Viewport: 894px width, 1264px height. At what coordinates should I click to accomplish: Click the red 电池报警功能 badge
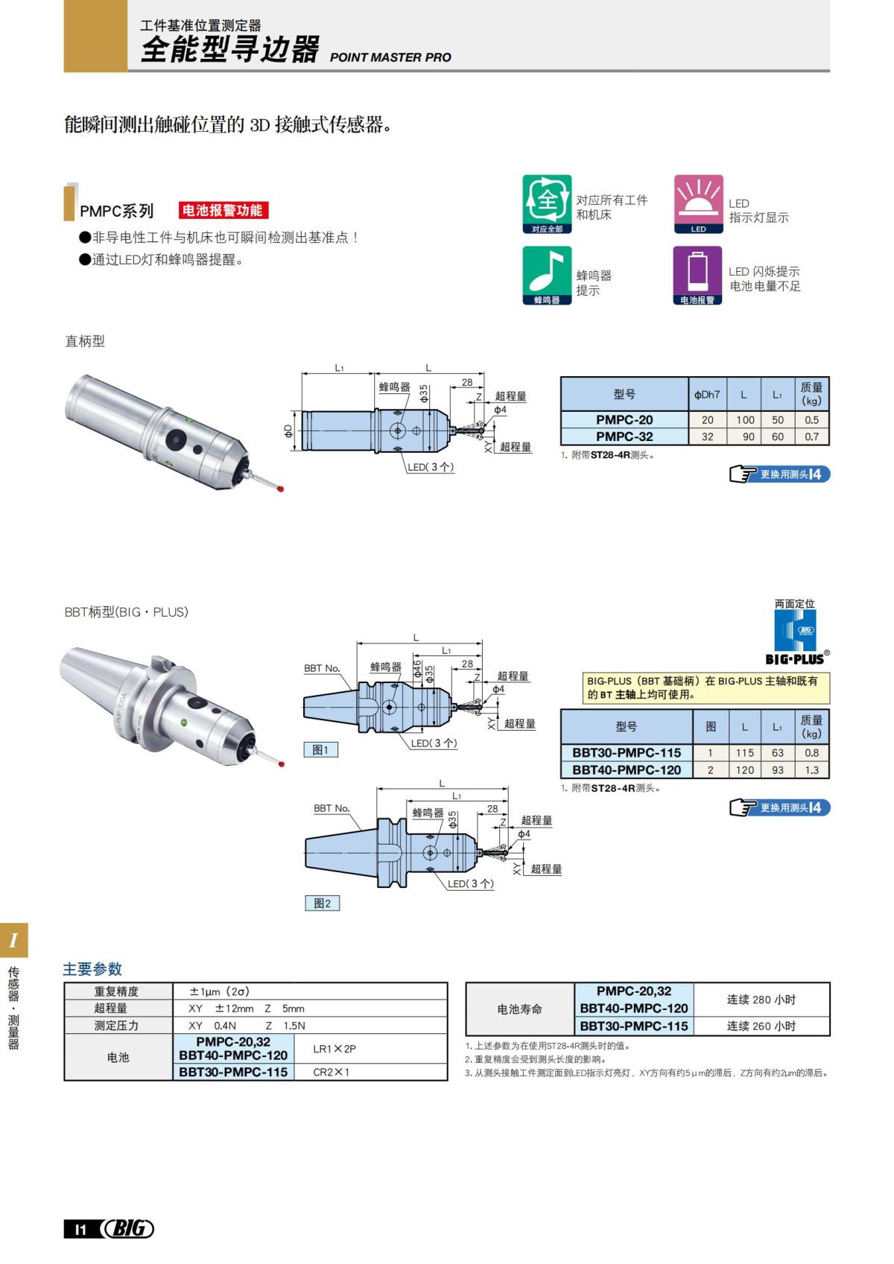223,211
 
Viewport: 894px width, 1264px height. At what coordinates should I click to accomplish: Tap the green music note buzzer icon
547,272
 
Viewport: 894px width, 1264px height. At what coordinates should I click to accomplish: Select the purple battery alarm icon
697,272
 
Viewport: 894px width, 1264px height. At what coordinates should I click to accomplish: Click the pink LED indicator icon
698,201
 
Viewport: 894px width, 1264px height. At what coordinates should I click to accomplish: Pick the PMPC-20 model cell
624,420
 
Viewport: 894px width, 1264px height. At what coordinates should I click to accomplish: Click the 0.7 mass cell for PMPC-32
811,437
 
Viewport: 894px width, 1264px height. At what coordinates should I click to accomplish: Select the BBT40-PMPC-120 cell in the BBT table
626,770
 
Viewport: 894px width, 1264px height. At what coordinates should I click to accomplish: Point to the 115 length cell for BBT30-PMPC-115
744,753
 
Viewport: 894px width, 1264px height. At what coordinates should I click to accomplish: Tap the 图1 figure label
320,750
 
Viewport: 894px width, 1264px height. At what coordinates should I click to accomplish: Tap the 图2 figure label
322,903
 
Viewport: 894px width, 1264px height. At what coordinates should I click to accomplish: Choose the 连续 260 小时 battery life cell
761,1026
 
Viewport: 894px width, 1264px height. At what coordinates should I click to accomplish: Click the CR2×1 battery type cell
331,1073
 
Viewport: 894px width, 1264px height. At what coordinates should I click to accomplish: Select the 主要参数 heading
92,969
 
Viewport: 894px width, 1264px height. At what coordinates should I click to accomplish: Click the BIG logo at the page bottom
128,1229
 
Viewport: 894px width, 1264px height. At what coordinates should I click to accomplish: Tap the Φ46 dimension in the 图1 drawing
418,668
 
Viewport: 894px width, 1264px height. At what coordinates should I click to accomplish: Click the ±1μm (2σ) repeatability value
219,991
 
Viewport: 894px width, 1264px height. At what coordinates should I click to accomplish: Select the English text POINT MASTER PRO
390,57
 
